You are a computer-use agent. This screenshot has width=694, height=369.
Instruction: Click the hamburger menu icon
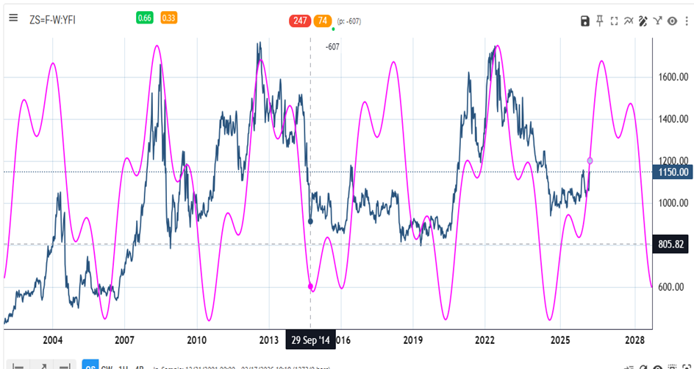(12, 18)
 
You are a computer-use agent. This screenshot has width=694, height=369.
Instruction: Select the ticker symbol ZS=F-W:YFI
(52, 19)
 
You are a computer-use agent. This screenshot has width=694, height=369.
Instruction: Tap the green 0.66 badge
(144, 18)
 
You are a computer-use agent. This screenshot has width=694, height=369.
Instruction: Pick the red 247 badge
(300, 21)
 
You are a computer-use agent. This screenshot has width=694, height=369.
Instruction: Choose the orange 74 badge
(322, 21)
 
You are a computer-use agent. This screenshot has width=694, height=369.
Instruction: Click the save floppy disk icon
(585, 21)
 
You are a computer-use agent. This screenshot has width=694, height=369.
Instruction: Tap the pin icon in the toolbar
(600, 21)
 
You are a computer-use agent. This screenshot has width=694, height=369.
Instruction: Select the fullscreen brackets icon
(614, 21)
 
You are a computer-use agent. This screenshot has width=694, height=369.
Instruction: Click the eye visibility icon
(672, 21)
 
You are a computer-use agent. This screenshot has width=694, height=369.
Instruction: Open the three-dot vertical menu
(686, 21)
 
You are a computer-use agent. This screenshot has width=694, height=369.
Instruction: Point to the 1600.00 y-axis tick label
(672, 77)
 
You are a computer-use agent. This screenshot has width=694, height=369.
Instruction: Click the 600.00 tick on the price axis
(672, 287)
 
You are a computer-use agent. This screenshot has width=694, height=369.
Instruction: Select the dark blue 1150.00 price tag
(672, 172)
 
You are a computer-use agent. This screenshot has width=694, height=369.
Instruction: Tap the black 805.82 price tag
(672, 244)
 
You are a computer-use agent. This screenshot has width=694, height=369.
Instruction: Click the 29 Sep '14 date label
(310, 340)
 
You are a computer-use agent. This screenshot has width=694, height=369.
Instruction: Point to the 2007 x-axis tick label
(124, 340)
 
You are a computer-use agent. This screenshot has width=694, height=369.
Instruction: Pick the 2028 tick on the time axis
(634, 340)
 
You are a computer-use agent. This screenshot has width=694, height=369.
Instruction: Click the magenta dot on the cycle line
(310, 287)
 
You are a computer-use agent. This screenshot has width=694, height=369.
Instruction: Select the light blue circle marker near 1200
(590, 161)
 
